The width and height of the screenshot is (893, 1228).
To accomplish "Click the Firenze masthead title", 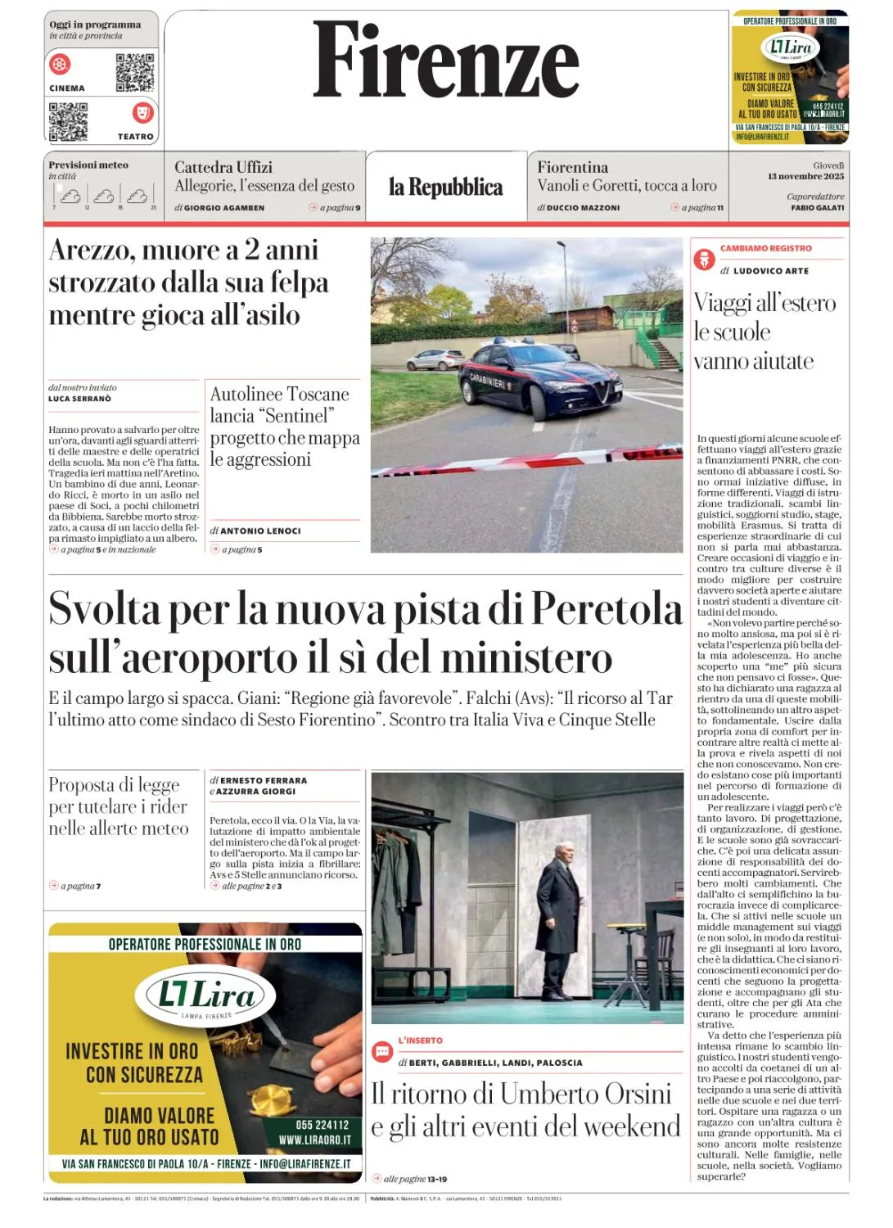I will [446, 60].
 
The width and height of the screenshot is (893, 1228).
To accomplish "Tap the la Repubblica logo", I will [446, 187].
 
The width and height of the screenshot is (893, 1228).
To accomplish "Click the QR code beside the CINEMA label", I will [135, 72].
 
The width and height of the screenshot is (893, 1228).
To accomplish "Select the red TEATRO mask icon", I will [142, 111].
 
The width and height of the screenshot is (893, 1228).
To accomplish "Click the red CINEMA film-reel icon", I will [61, 64].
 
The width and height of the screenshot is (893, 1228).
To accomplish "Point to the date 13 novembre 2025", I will [805, 176].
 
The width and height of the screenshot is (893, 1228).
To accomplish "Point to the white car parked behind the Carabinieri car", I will [435, 359].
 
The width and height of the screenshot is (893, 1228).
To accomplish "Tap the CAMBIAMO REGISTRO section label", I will [765, 248].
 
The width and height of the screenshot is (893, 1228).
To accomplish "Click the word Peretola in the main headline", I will [607, 609].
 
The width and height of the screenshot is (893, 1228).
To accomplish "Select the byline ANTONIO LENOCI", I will [260, 530].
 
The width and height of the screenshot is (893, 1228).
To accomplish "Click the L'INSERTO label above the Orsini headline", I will [420, 1041].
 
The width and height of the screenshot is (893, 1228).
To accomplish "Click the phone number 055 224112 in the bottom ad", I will [322, 1125].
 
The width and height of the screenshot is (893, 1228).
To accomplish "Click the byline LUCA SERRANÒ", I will [79, 399].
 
